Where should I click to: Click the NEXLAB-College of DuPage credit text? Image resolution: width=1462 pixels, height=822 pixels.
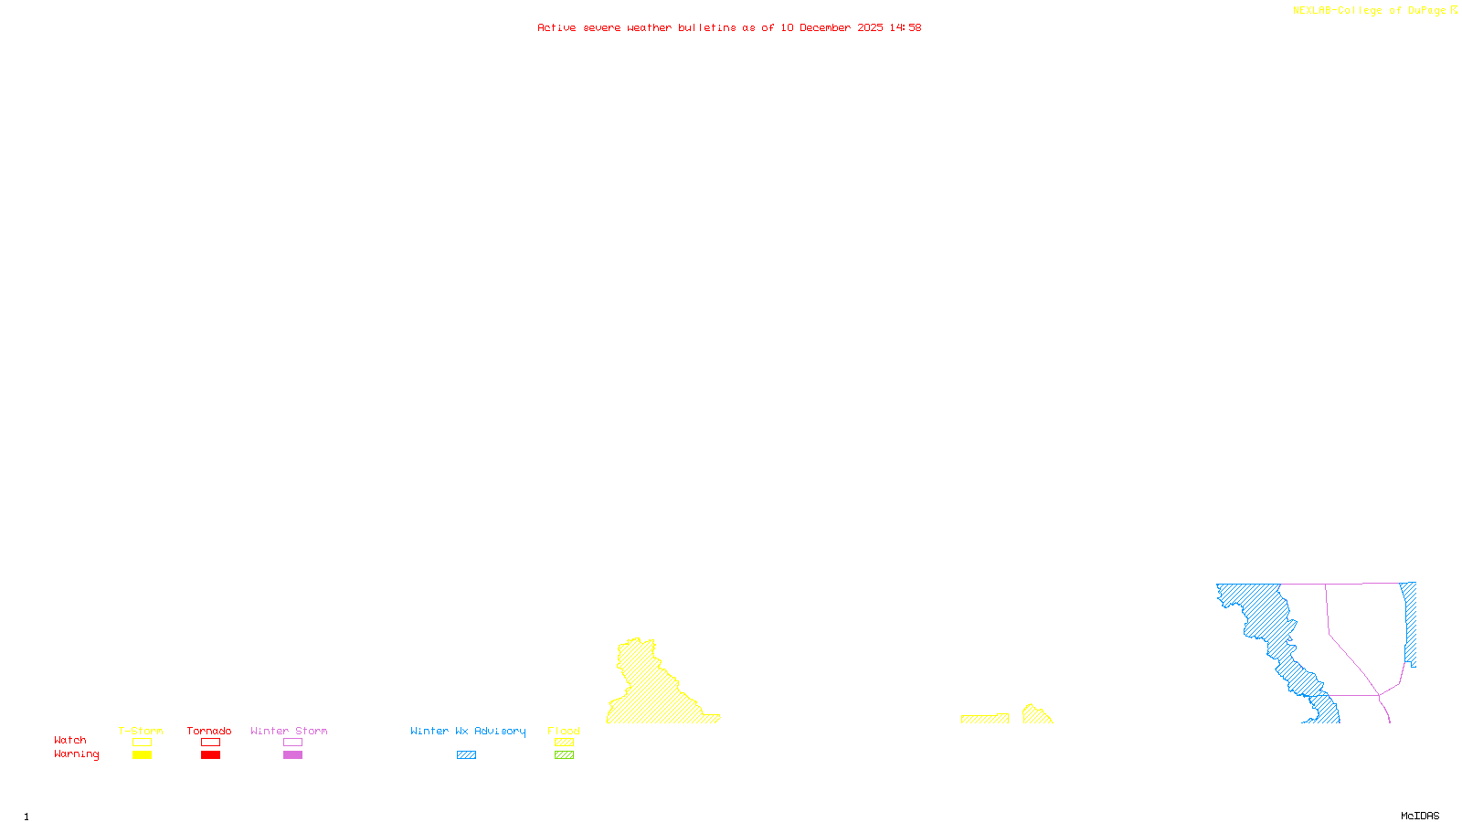click(x=1369, y=11)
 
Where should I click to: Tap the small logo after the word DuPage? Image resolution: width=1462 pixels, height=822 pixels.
click(x=1454, y=10)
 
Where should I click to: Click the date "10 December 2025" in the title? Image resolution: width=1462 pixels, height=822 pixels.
click(x=832, y=28)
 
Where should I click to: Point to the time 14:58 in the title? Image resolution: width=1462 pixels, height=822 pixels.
click(x=906, y=28)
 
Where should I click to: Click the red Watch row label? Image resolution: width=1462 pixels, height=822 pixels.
click(x=70, y=741)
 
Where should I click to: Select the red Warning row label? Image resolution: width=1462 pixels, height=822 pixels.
click(x=76, y=754)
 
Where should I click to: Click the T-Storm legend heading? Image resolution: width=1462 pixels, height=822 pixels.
click(x=141, y=731)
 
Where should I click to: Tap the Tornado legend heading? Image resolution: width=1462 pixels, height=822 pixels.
click(x=209, y=731)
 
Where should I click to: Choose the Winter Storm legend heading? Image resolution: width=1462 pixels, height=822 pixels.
click(x=289, y=731)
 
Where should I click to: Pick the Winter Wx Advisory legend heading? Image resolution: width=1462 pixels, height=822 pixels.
click(x=468, y=731)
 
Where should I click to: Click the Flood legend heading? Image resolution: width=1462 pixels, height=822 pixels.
click(x=564, y=731)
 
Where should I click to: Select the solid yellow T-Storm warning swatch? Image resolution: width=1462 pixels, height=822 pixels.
click(x=142, y=755)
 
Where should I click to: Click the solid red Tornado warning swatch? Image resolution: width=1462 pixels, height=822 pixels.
click(x=211, y=755)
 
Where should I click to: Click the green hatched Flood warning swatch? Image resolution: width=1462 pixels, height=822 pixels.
click(x=565, y=755)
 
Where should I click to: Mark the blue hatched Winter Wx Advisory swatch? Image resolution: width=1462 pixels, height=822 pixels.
click(x=466, y=755)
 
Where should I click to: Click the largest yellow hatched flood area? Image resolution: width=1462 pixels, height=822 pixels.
click(x=653, y=694)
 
